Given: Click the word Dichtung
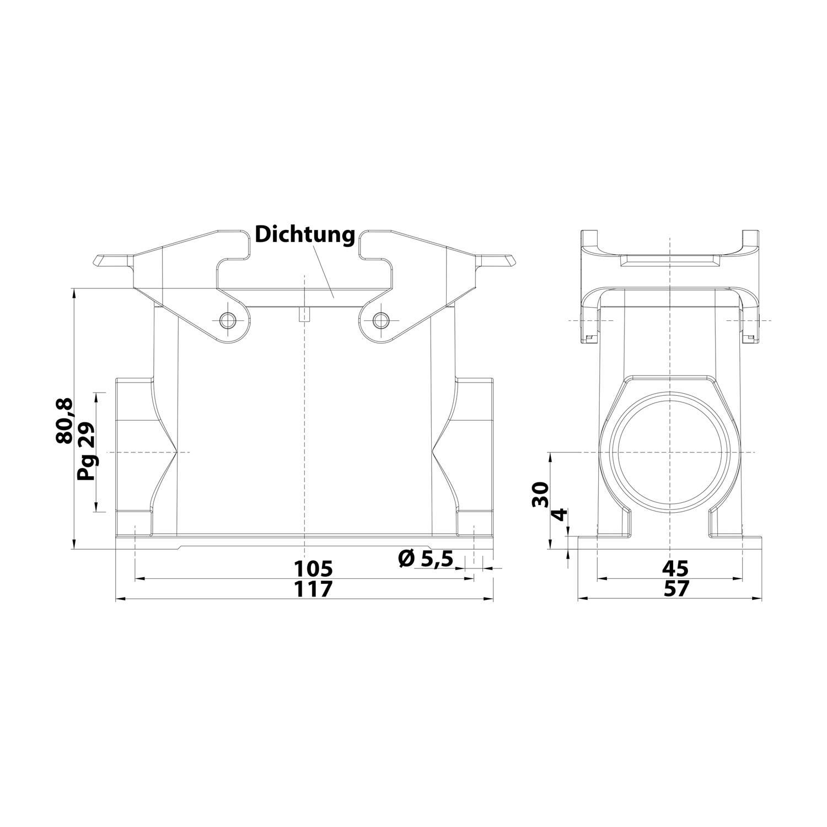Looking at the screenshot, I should coord(304,235).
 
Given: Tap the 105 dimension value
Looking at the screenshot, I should coord(313,568).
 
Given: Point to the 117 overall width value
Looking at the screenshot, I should coord(313,589).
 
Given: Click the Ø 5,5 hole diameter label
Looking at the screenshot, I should coord(425,560).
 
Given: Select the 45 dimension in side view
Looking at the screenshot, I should coord(675,568).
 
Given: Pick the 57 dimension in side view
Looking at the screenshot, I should coord(675,589).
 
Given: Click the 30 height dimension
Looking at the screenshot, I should coord(541,494).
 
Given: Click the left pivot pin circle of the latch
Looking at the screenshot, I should coord(227,320).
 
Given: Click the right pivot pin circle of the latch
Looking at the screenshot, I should coord(380,320).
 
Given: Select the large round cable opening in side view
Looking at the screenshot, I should coord(669,452).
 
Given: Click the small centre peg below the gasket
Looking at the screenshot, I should coord(304,314).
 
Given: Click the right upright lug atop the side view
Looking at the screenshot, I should coord(749,240).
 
